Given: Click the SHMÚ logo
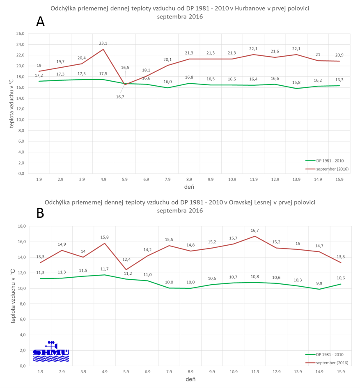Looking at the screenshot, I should pos(51,351).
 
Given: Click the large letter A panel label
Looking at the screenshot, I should pos(40,22).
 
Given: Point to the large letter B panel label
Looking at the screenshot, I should pos(40,213).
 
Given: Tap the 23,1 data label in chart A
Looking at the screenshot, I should pos(103,43).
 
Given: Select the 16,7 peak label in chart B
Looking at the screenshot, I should pos(255,231).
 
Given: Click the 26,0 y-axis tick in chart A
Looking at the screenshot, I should pos(19,34).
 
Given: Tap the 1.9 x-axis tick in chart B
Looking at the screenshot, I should pos(40,372).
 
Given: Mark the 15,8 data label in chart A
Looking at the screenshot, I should pos(297,82).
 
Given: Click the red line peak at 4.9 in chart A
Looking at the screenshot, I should pos(103,49).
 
